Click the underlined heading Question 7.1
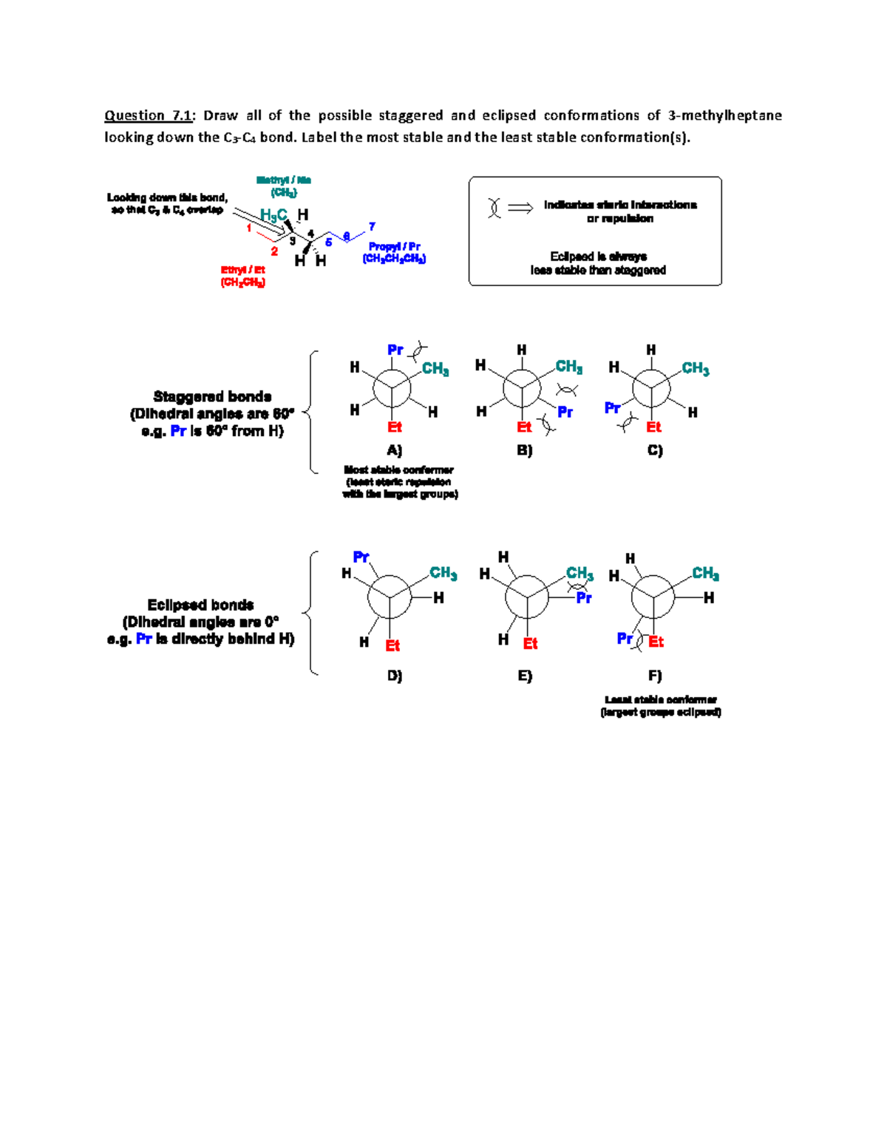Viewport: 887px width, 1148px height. pyautogui.click(x=148, y=115)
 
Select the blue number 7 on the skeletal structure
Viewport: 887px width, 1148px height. pyautogui.click(x=372, y=227)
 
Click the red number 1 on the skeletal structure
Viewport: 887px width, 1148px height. pyautogui.click(x=249, y=228)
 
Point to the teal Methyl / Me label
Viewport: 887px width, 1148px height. pyautogui.click(x=283, y=180)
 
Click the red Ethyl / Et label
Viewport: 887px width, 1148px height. pyautogui.click(x=242, y=270)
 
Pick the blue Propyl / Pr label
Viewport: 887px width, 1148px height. pyautogui.click(x=394, y=246)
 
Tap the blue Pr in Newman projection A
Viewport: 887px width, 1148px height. pyautogui.click(x=395, y=350)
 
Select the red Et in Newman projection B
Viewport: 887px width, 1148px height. pyautogui.click(x=524, y=427)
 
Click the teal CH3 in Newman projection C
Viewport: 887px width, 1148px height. pyautogui.click(x=695, y=368)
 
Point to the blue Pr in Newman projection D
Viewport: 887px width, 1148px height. pyautogui.click(x=361, y=557)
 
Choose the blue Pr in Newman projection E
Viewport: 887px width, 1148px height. pyautogui.click(x=584, y=598)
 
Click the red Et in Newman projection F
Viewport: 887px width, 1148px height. pyautogui.click(x=656, y=642)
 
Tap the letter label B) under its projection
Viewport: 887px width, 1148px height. pyautogui.click(x=524, y=450)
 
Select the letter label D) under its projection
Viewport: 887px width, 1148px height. pyautogui.click(x=394, y=676)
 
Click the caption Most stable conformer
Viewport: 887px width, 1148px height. pyautogui.click(x=398, y=470)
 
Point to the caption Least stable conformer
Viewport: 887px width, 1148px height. pyautogui.click(x=660, y=699)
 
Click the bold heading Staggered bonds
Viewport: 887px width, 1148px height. pyautogui.click(x=212, y=397)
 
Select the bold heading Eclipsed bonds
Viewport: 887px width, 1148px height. pyautogui.click(x=200, y=605)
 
